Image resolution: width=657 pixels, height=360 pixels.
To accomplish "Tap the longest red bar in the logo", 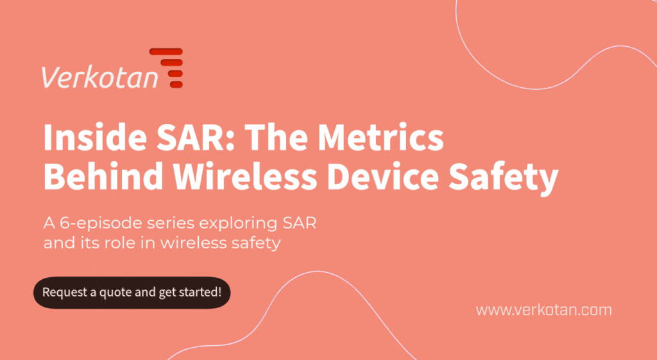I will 166,51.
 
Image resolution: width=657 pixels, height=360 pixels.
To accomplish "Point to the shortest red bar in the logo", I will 176,84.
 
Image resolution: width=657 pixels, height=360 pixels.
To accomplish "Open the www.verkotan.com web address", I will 543,310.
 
